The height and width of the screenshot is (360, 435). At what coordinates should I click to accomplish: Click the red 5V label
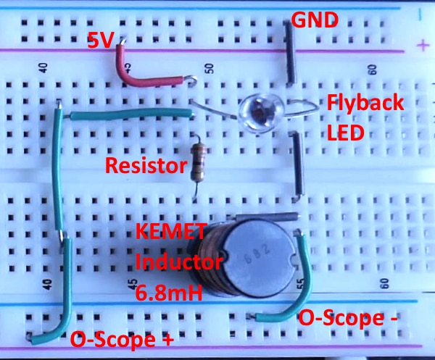[101, 41]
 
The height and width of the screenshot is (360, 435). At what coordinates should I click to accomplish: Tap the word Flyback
[364, 103]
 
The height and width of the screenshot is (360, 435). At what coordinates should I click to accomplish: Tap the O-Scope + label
[115, 338]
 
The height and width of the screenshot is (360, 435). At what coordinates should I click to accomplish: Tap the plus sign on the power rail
[422, 46]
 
